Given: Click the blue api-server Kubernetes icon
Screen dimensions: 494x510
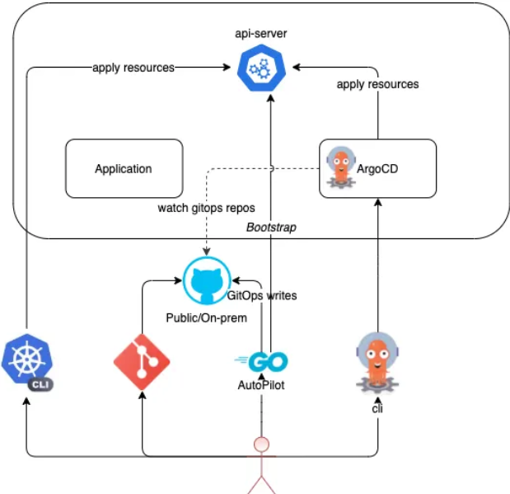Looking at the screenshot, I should (x=260, y=69).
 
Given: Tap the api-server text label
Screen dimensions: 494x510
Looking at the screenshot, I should (x=260, y=34).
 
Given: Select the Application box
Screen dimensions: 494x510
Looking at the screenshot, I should (x=124, y=169).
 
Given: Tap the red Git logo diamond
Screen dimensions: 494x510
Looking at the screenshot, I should (x=142, y=361).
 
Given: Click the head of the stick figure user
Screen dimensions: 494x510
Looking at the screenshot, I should (x=261, y=445).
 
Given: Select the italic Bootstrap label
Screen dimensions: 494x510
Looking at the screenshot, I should (x=270, y=225).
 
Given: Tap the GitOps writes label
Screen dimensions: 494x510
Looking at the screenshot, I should (x=262, y=295).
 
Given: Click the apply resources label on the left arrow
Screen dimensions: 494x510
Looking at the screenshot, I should (x=133, y=68).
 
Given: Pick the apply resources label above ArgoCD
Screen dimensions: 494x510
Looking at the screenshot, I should (x=377, y=84).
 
